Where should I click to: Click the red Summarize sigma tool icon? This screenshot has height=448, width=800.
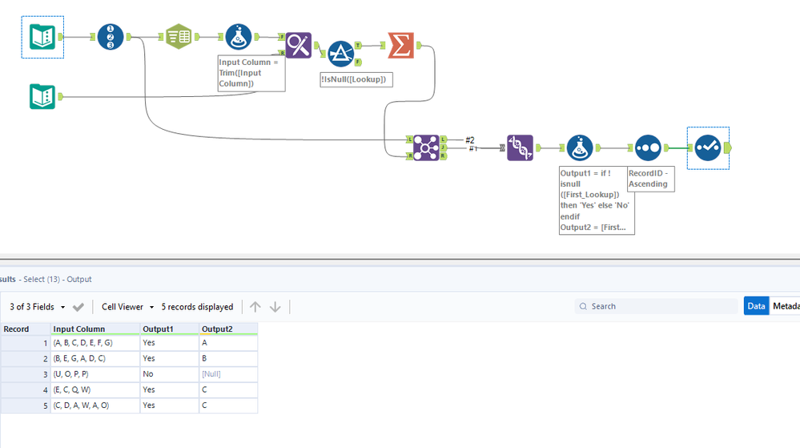pyautogui.click(x=400, y=45)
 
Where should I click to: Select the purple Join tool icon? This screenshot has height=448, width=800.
pyautogui.click(x=427, y=147)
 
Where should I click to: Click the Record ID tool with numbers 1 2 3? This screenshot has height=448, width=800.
pyautogui.click(x=111, y=37)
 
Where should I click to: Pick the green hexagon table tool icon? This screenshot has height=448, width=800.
pyautogui.click(x=179, y=37)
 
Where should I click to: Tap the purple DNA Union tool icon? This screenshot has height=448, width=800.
pyautogui.click(x=521, y=147)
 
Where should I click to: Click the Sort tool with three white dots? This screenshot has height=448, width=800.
pyautogui.click(x=648, y=147)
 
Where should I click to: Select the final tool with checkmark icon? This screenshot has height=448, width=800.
pyautogui.click(x=708, y=147)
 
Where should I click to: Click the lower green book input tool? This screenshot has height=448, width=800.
pyautogui.click(x=42, y=97)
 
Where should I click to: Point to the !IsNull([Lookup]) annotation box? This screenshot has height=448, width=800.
pyautogui.click(x=356, y=79)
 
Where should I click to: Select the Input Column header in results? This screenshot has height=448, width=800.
pyautogui.click(x=78, y=329)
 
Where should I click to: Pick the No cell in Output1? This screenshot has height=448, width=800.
pyautogui.click(x=148, y=374)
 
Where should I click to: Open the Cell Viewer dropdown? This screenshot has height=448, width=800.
pyautogui.click(x=127, y=307)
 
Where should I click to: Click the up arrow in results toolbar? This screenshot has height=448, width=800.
pyautogui.click(x=255, y=307)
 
